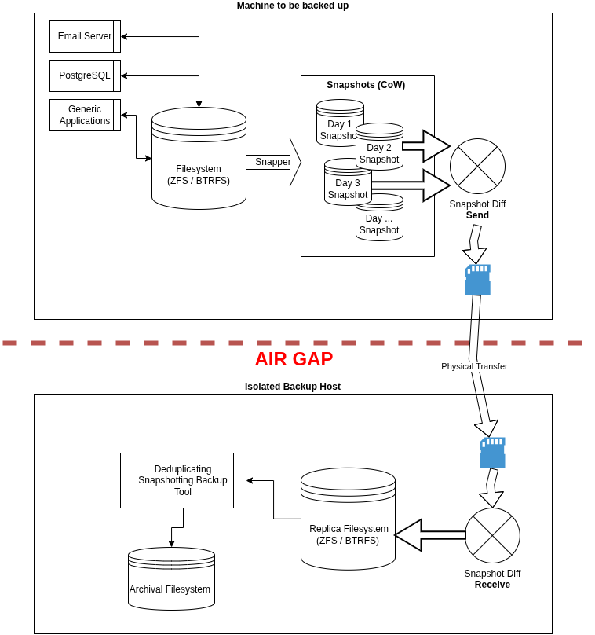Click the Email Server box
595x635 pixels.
coord(85,36)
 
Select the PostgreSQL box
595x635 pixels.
coord(85,75)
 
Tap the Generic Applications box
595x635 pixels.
coord(85,115)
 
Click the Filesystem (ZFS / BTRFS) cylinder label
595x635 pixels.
coord(199,174)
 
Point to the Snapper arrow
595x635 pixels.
coord(273,162)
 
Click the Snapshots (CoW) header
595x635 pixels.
coord(367,85)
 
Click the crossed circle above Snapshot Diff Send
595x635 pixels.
coord(477,166)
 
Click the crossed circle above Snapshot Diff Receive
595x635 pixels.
coord(492,535)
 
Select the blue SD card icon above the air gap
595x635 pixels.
coord(477,280)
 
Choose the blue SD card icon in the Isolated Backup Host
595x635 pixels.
coord(492,453)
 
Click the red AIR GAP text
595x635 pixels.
coord(294,359)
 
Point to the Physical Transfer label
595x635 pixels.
coord(474,366)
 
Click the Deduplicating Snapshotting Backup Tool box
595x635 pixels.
coord(183,480)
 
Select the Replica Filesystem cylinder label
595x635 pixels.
coord(348,534)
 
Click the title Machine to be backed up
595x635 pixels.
coord(293,6)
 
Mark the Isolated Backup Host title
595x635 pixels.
coord(293,387)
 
